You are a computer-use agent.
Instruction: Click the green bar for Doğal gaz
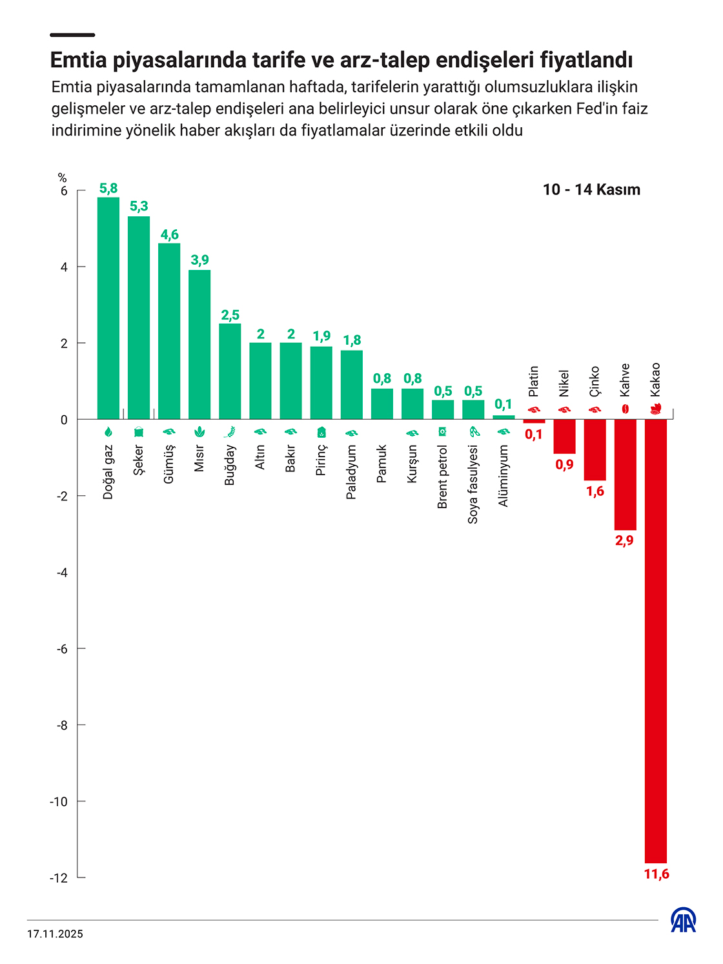(x=108, y=308)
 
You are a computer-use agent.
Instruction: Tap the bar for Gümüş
(x=169, y=331)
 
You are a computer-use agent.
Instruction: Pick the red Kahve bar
(x=625, y=475)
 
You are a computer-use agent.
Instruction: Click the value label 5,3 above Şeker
(x=139, y=206)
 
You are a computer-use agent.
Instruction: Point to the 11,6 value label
(x=657, y=874)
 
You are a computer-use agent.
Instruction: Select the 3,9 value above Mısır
(x=199, y=260)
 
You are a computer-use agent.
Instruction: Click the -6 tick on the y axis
(x=63, y=649)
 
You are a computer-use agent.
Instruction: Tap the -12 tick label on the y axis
(x=59, y=878)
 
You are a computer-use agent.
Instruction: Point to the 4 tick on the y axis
(x=64, y=267)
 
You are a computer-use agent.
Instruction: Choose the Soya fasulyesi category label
(x=473, y=484)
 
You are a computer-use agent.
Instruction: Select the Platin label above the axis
(x=534, y=381)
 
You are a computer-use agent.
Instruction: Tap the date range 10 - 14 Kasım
(x=591, y=190)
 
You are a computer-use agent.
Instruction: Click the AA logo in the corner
(x=683, y=920)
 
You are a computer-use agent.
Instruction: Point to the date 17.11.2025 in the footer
(x=55, y=934)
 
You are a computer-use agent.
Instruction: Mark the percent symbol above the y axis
(x=63, y=178)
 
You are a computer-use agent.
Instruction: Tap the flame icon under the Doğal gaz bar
(x=108, y=432)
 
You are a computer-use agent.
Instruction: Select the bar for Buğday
(x=230, y=371)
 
